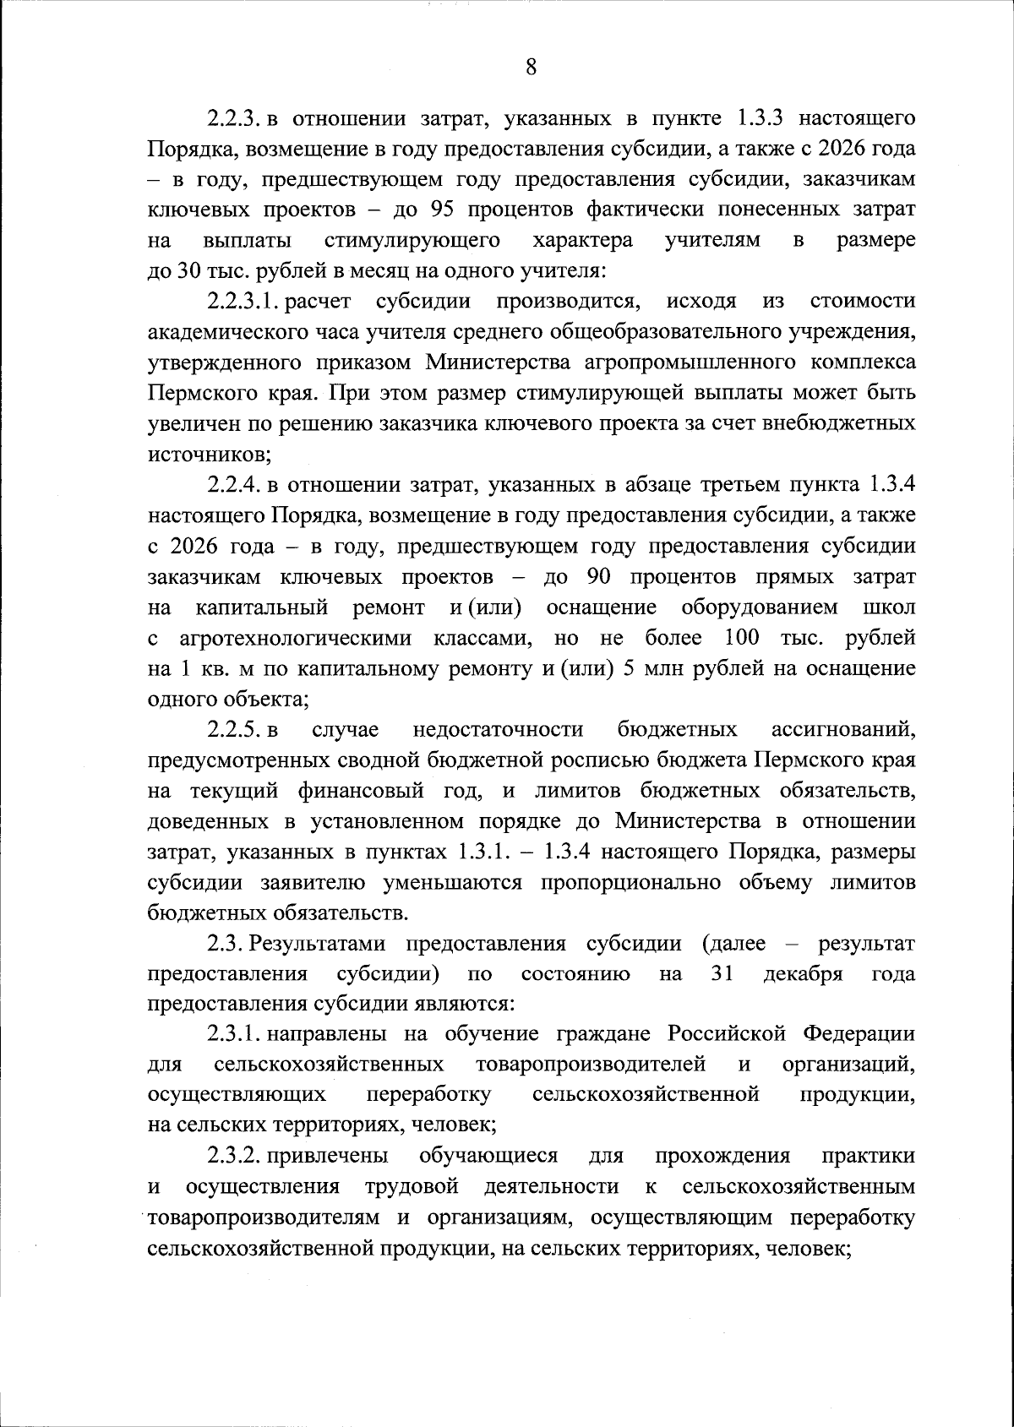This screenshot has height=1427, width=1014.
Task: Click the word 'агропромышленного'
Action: (x=709, y=362)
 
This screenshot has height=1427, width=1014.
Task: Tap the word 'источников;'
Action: (x=209, y=455)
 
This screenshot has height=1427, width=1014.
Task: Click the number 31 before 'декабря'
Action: (x=722, y=973)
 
